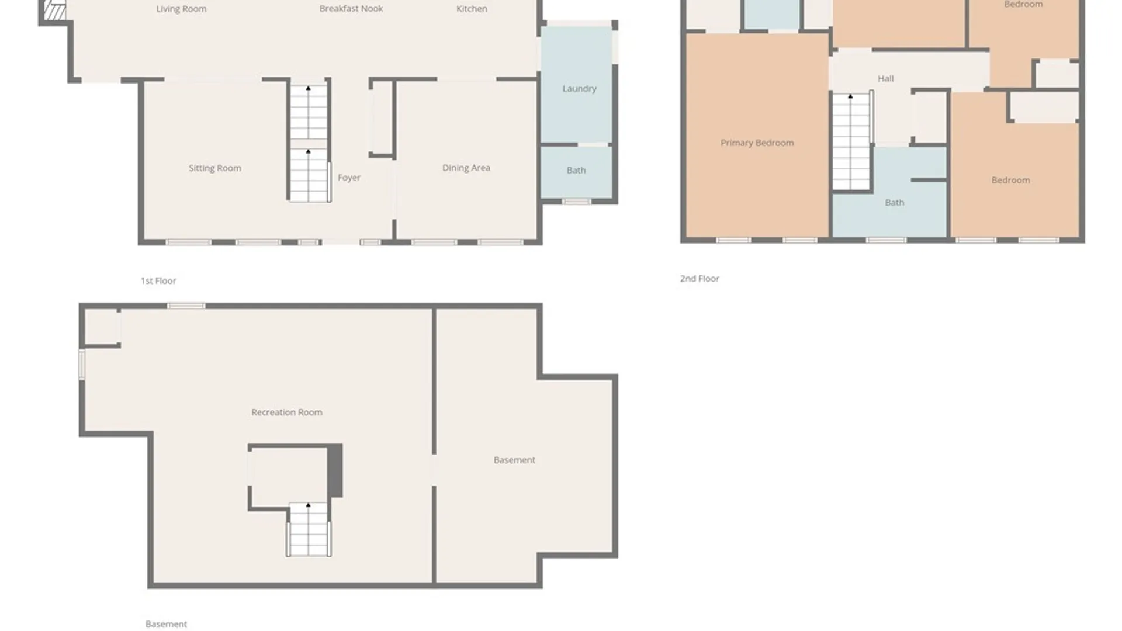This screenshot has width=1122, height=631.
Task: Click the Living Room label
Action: pyautogui.click(x=181, y=9)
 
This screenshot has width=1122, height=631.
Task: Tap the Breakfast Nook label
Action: pyautogui.click(x=351, y=9)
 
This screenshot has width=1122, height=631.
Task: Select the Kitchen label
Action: pyautogui.click(x=472, y=9)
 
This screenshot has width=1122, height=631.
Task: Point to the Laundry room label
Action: pyautogui.click(x=579, y=89)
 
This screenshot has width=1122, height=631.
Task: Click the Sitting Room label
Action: pyautogui.click(x=214, y=168)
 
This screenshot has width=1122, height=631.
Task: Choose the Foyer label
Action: pyautogui.click(x=349, y=178)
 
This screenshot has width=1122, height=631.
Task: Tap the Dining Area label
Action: pyautogui.click(x=466, y=168)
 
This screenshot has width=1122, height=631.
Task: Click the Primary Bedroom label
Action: pyautogui.click(x=757, y=143)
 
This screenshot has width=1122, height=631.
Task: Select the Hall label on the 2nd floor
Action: pyautogui.click(x=885, y=78)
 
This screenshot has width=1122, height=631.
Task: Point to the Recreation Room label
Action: pyautogui.click(x=286, y=412)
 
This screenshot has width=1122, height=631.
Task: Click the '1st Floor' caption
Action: pyautogui.click(x=158, y=281)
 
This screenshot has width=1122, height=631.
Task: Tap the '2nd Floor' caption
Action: pyautogui.click(x=699, y=279)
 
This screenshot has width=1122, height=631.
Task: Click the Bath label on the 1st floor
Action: pyautogui.click(x=576, y=171)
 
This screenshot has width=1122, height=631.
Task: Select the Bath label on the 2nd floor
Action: pyautogui.click(x=894, y=203)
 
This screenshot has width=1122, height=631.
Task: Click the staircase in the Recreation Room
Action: pyautogui.click(x=309, y=530)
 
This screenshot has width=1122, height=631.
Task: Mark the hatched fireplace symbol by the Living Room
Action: pyautogui.click(x=54, y=10)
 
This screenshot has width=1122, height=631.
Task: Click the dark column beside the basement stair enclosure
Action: pyautogui.click(x=335, y=471)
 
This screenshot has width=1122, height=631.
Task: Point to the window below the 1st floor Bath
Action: pyautogui.click(x=576, y=202)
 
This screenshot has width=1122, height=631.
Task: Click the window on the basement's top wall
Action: pyautogui.click(x=186, y=306)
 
